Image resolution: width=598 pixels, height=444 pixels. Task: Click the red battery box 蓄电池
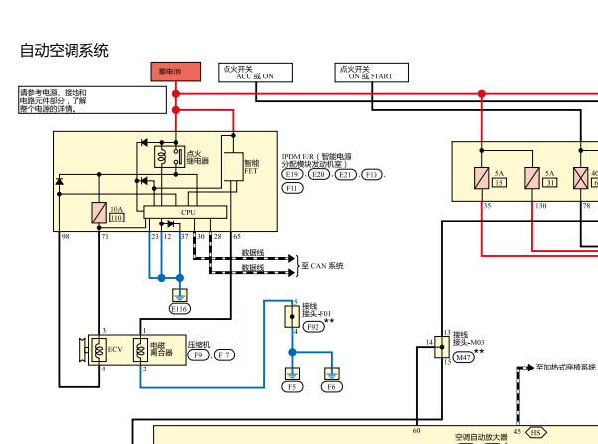pos(175,72)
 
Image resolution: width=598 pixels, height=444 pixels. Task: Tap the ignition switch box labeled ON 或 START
pos(371,72)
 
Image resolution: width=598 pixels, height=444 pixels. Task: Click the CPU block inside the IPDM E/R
pos(186,212)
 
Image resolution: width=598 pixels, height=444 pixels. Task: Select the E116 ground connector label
pos(179,309)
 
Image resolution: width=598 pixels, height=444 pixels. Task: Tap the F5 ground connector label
pos(293,387)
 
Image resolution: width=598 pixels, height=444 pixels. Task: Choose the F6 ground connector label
pos(332,387)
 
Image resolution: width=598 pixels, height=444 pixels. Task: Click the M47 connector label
pos(463,356)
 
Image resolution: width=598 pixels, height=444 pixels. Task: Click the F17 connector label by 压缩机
pos(224,355)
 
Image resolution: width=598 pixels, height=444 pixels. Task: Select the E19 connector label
pos(293,175)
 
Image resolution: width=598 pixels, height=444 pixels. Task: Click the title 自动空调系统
pos(65,49)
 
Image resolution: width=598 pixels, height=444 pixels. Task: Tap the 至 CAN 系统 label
pos(322,265)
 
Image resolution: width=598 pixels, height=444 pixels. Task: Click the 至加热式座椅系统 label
pos(565,368)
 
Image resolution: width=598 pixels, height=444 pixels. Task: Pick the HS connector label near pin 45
pos(536,433)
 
